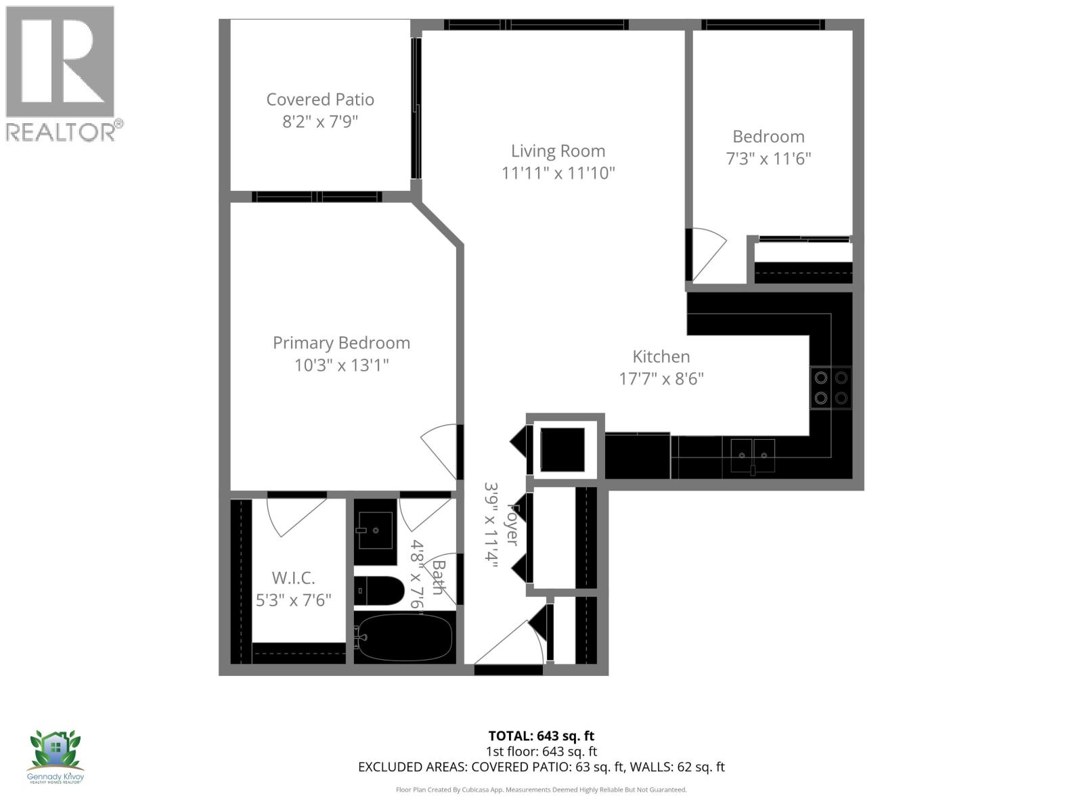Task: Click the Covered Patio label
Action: click(320, 99)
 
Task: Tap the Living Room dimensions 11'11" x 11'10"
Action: click(558, 173)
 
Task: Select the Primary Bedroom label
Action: click(341, 342)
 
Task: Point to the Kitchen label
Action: click(661, 357)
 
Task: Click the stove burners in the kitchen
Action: click(831, 388)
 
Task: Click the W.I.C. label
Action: click(293, 578)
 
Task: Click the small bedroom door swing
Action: click(707, 254)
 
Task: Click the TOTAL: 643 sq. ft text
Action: click(541, 736)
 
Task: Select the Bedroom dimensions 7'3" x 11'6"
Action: click(768, 159)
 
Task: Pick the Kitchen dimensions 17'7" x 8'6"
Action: click(661, 379)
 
